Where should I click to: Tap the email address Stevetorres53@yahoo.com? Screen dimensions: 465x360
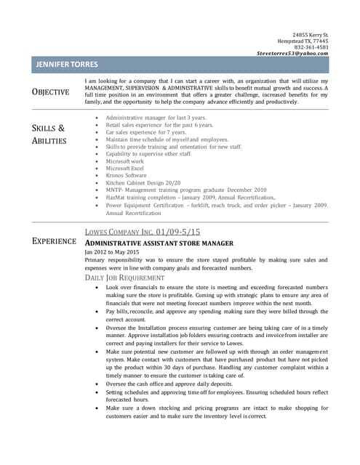[292, 54]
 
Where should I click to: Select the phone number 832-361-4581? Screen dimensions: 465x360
[311, 47]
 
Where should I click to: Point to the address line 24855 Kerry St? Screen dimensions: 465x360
[311, 35]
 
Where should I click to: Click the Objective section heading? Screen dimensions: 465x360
[51, 92]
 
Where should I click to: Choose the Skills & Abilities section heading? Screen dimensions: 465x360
[49, 134]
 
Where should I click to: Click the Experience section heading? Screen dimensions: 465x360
[55, 240]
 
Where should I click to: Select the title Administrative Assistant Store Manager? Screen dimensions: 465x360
[159, 243]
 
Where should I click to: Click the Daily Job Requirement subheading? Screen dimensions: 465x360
[124, 278]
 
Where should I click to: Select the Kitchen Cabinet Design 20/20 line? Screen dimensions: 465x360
[143, 183]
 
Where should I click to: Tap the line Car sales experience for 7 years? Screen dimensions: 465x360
[145, 132]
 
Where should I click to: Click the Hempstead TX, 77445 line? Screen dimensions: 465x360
[301, 41]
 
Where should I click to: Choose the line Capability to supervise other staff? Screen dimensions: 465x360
[148, 153]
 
